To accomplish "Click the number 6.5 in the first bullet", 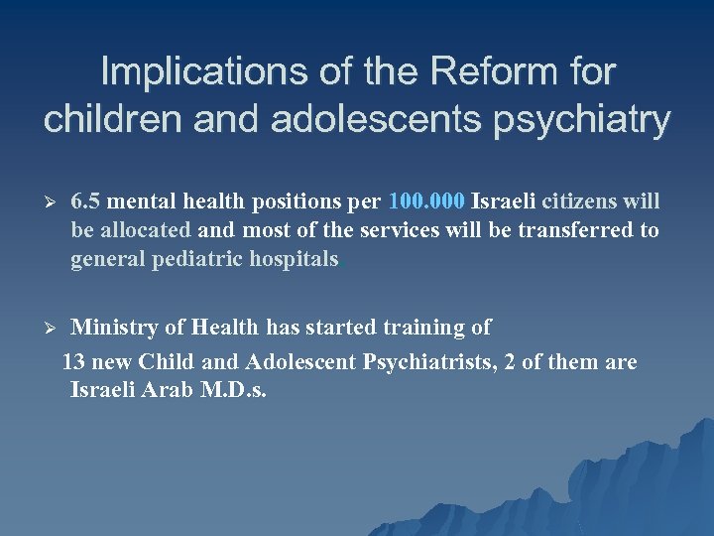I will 86,202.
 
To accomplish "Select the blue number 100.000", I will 427,202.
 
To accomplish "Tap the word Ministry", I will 113,327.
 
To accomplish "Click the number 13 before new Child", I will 73,362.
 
